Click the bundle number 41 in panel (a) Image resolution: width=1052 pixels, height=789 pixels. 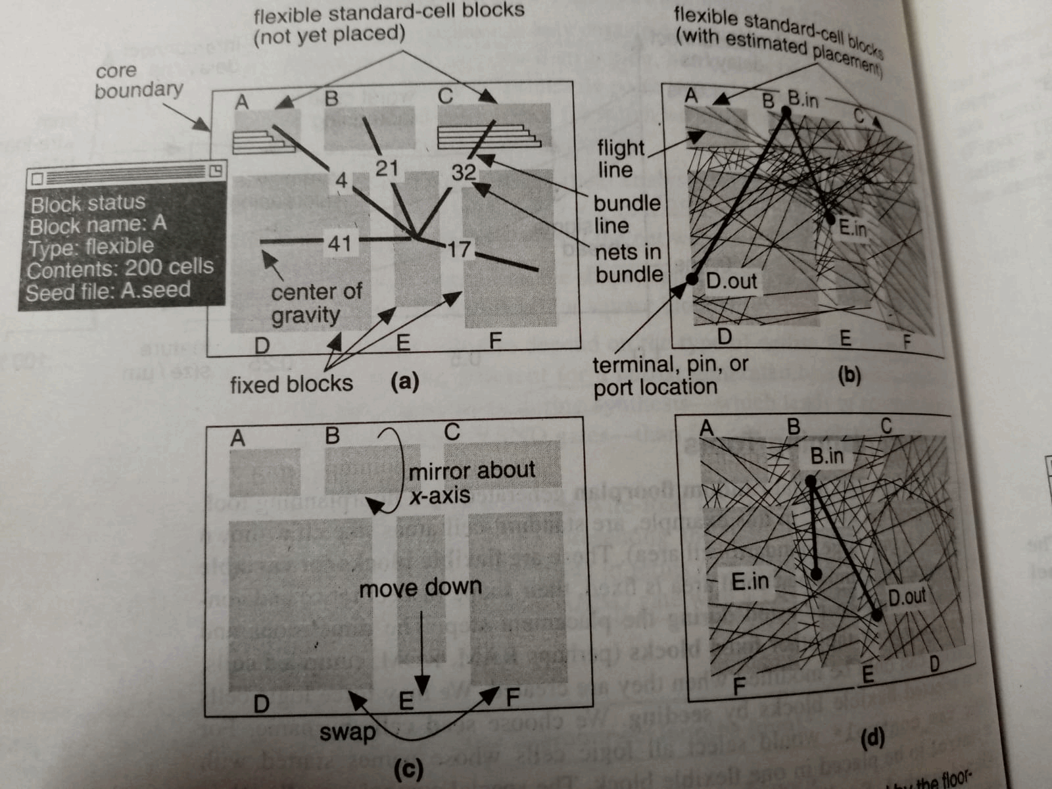[339, 244]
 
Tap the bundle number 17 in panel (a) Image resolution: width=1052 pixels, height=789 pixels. [460, 249]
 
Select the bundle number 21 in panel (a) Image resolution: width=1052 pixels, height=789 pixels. [387, 168]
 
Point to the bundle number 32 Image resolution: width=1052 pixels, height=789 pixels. [463, 172]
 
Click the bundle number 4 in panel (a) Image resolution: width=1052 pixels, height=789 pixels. [341, 179]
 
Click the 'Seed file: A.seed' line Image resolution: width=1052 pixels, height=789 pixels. [108, 291]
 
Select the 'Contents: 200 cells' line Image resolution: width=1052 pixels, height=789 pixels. [120, 268]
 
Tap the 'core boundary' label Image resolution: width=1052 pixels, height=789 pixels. [138, 80]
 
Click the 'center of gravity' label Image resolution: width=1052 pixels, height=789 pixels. [316, 303]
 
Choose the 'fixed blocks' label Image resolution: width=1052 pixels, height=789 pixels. [291, 383]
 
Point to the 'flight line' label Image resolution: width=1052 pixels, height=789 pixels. [621, 158]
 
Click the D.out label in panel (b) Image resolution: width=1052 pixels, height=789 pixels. [731, 281]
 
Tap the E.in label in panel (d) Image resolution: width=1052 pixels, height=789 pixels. [750, 581]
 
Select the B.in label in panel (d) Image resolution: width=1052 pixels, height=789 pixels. [826, 456]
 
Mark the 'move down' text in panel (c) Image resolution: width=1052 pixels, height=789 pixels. [420, 586]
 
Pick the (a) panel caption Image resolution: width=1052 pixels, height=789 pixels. [404, 381]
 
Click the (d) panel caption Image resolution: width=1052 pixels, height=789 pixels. [872, 738]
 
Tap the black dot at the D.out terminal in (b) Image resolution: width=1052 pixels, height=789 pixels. [691, 279]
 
